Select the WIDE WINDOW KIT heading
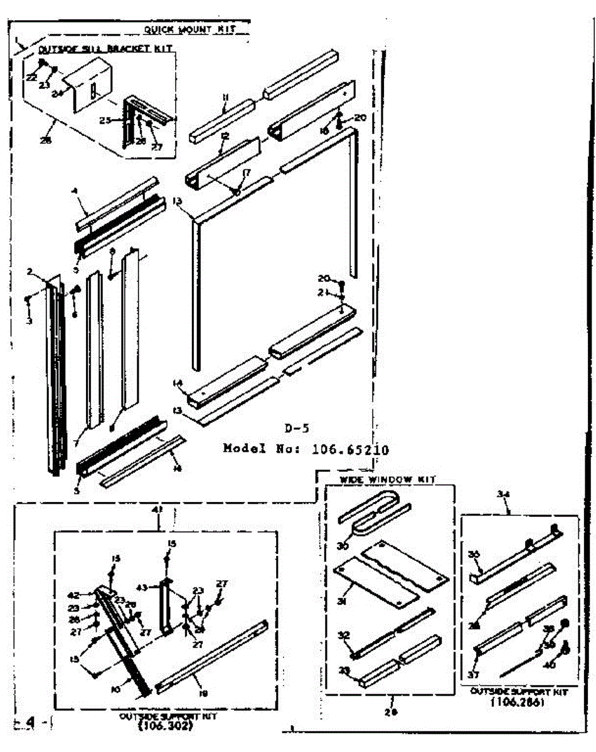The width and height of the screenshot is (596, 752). click(378, 479)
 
